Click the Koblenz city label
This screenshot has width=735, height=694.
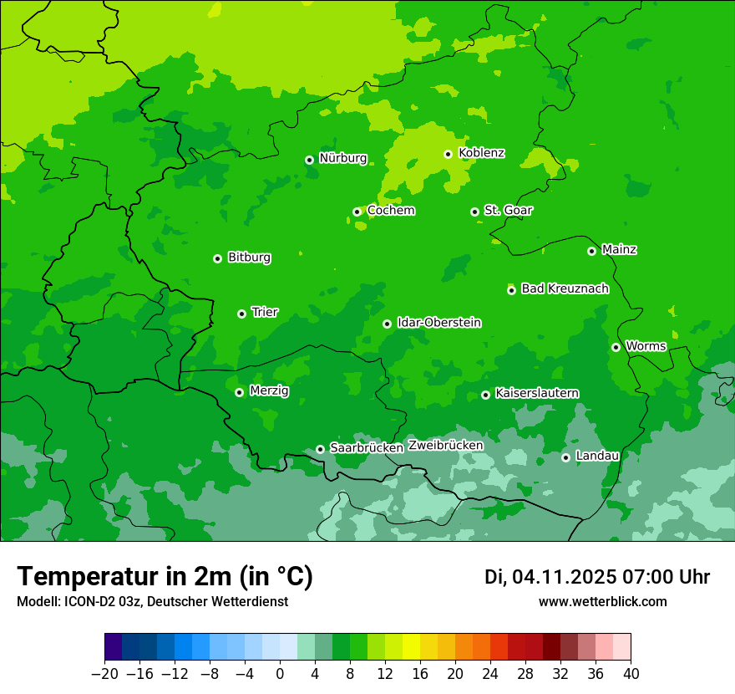[x=481, y=153]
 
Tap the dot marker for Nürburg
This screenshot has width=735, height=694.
[x=309, y=160]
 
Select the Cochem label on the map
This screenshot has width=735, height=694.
[x=391, y=211]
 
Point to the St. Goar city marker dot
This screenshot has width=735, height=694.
[x=474, y=212]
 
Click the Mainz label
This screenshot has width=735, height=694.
[x=619, y=250]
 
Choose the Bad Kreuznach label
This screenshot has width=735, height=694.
[x=565, y=288]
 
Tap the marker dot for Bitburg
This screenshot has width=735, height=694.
[x=217, y=258]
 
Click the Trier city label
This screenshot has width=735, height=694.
[x=265, y=313]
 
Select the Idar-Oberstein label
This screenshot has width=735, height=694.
[x=439, y=323]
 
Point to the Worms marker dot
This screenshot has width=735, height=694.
[x=616, y=347]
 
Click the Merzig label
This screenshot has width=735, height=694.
[x=270, y=391]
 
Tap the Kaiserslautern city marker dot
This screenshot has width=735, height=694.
[x=485, y=395]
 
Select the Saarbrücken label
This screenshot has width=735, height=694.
[x=367, y=448]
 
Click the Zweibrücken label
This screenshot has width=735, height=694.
[x=445, y=446]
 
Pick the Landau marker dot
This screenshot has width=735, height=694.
[x=565, y=457]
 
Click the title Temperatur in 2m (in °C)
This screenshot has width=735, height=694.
[x=165, y=577]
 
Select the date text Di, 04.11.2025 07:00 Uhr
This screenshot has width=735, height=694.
[x=597, y=577]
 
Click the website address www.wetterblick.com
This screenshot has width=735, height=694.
[x=602, y=602]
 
